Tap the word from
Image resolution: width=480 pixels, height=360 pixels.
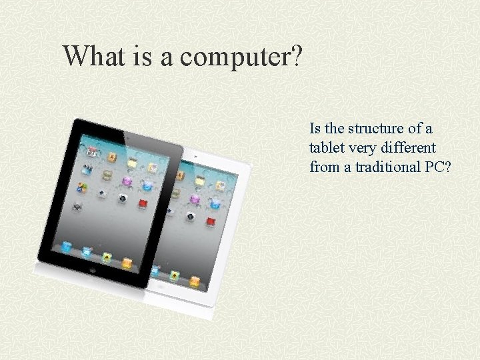(324, 167)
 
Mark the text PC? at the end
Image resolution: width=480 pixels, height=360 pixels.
(438, 167)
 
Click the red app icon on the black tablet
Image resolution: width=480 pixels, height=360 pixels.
(142, 202)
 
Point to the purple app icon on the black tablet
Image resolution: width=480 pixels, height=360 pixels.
(126, 181)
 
